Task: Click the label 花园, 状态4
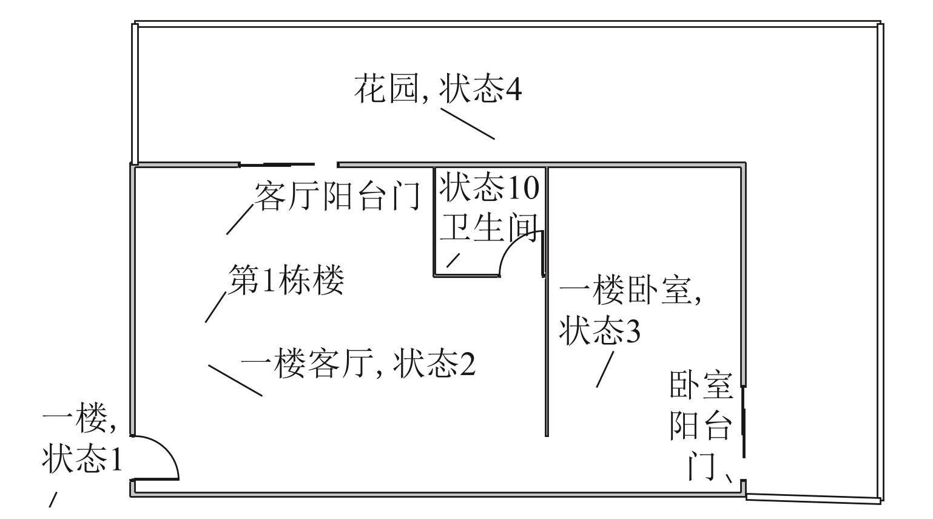point(437,90)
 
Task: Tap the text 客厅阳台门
point(337,195)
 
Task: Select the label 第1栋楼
point(286,280)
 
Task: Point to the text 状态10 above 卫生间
point(489,187)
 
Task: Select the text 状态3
point(599,331)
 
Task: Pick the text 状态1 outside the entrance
point(82,460)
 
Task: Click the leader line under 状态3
point(605,369)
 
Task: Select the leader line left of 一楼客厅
point(235,381)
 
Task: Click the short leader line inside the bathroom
point(453,260)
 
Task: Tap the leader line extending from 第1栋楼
point(216,307)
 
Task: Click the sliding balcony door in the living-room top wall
point(276,165)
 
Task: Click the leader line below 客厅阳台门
point(240,219)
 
